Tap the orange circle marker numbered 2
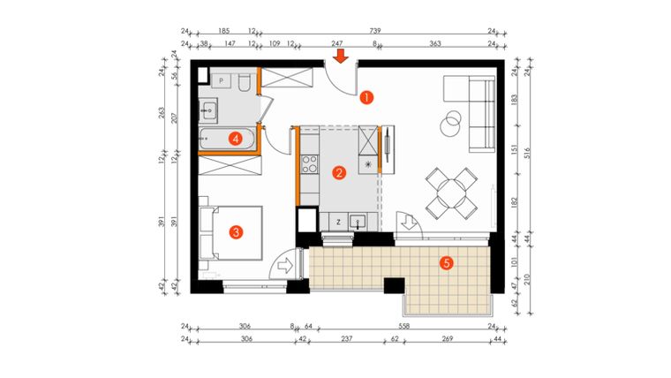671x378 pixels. click(338, 173)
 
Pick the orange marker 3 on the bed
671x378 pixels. click(235, 232)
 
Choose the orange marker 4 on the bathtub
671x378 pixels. click(235, 138)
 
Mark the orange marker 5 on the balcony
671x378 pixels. click(447, 262)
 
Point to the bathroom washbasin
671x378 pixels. click(210, 110)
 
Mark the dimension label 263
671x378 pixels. click(162, 111)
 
